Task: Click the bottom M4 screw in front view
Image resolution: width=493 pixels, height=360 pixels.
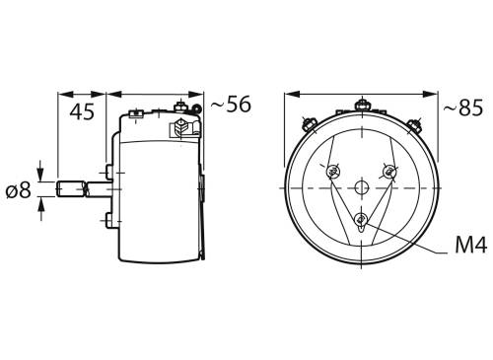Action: coord(362,219)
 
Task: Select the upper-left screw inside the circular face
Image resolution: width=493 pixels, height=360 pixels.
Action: coord(334,172)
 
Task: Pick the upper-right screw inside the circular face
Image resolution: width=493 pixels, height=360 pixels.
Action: coord(390,172)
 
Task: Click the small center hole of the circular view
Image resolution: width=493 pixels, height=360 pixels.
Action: coord(362,187)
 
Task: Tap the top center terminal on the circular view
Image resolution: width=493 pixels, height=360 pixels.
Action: coord(362,105)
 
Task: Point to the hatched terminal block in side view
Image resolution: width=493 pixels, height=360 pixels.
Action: coord(181,128)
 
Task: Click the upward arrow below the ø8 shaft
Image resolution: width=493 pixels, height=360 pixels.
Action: coord(40,206)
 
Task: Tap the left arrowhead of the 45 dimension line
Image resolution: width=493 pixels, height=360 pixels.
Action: coord(62,95)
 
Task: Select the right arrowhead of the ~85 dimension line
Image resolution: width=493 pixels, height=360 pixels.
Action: coord(436,95)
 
